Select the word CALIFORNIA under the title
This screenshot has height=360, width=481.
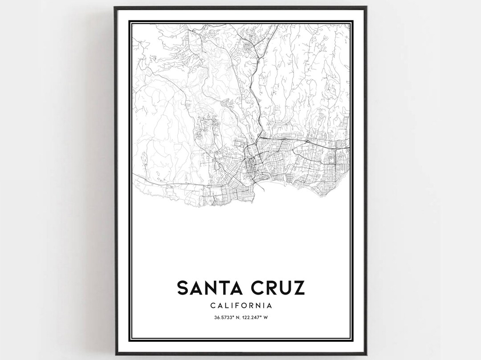[240, 306]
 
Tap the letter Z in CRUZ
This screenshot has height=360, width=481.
[298, 287]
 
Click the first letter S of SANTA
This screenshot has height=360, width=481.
[183, 287]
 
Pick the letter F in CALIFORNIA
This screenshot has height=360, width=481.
[240, 306]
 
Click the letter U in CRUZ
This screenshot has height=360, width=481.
[285, 287]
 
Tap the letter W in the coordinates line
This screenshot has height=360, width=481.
[271, 317]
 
